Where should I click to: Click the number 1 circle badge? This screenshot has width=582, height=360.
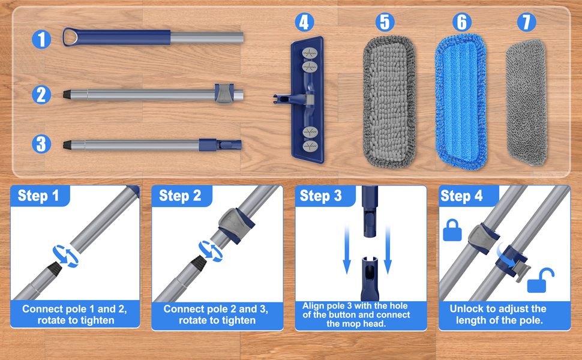[41, 40]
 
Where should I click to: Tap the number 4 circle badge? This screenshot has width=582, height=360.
[304, 23]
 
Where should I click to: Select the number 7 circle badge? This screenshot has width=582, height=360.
[526, 22]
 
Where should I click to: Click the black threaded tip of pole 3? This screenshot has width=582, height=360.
[68, 145]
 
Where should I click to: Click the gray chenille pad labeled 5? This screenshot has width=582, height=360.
[389, 100]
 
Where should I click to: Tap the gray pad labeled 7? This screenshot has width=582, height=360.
[526, 102]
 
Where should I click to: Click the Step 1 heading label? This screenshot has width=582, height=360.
[39, 196]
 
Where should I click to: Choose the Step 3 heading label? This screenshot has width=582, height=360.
[321, 196]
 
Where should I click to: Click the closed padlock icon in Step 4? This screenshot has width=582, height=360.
[452, 230]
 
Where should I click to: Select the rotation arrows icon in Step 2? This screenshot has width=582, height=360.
[209, 250]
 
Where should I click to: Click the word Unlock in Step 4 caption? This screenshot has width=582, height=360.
[468, 309]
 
